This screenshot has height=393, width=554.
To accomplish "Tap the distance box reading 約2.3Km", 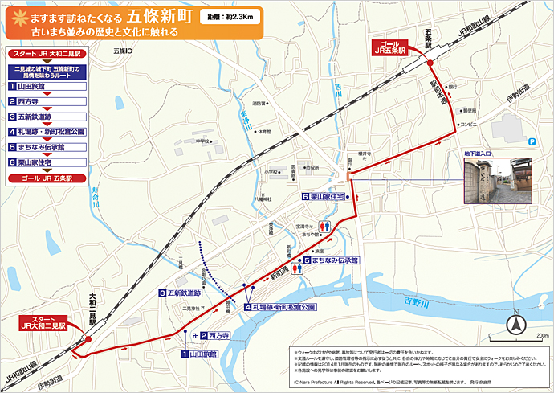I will click(x=228, y=15).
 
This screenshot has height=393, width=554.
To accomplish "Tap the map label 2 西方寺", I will click(x=214, y=336).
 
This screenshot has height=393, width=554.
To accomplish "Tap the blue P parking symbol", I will click(x=532, y=141).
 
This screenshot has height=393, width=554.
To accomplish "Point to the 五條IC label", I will click(x=124, y=51).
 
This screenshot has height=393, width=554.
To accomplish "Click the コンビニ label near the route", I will click(x=468, y=124).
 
